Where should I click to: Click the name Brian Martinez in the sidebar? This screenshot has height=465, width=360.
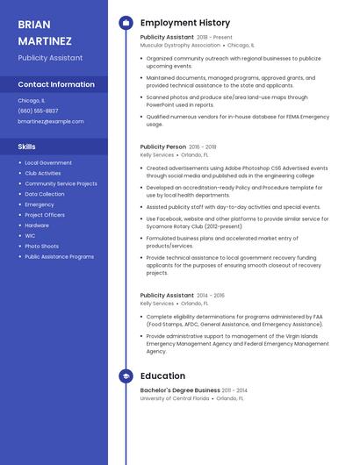click(x=45, y=32)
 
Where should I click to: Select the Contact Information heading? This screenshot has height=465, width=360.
click(x=56, y=84)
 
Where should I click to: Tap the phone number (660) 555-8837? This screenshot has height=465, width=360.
click(x=38, y=111)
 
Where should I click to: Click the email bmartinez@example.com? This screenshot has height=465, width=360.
click(x=51, y=121)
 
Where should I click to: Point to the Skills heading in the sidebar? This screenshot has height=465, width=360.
click(x=27, y=147)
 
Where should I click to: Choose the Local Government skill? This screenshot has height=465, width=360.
click(x=48, y=162)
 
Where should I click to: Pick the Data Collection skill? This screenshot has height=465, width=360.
click(x=45, y=194)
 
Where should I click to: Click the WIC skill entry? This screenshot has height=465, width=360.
click(x=30, y=235)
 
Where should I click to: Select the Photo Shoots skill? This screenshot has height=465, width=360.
click(x=41, y=246)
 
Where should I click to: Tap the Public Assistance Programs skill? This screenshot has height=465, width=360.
click(x=59, y=256)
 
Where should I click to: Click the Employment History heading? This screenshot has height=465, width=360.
click(x=185, y=23)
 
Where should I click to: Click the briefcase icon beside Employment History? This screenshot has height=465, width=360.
click(x=126, y=23)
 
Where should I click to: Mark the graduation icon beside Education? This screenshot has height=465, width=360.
click(x=126, y=376)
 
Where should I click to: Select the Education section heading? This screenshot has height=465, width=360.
click(x=162, y=376)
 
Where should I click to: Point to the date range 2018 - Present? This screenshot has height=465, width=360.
click(x=215, y=38)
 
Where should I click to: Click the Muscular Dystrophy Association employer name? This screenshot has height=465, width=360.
click(x=180, y=45)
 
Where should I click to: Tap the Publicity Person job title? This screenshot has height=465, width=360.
click(x=163, y=147)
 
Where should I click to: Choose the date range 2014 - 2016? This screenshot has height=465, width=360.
click(x=211, y=296)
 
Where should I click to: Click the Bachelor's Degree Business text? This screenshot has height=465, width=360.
click(x=180, y=390)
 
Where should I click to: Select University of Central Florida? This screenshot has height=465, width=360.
click(x=175, y=398)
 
